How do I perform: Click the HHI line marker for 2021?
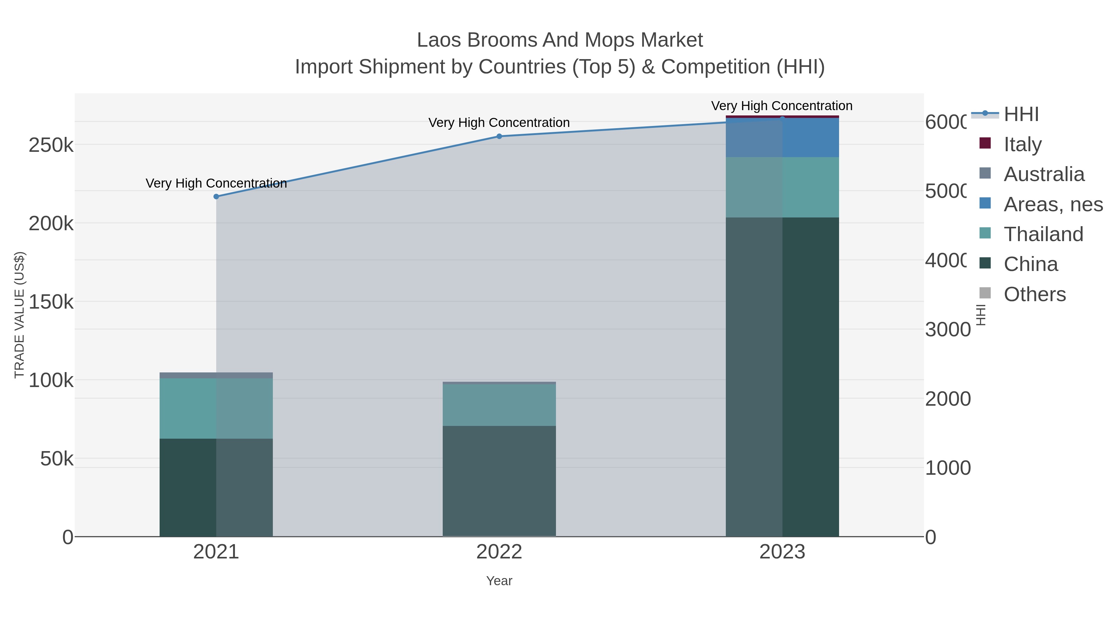pyautogui.click(x=216, y=197)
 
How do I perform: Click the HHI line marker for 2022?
pyautogui.click(x=499, y=136)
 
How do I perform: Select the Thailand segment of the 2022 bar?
pyautogui.click(x=499, y=405)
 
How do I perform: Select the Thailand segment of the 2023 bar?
pyautogui.click(x=782, y=187)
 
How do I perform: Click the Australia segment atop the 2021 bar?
pyautogui.click(x=216, y=375)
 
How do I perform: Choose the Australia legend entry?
pyautogui.click(x=1043, y=174)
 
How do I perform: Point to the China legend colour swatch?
pyautogui.click(x=985, y=264)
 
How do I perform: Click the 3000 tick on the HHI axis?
pyautogui.click(x=947, y=329)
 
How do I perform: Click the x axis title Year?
pyautogui.click(x=499, y=581)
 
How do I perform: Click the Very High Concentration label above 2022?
pyautogui.click(x=499, y=123)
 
